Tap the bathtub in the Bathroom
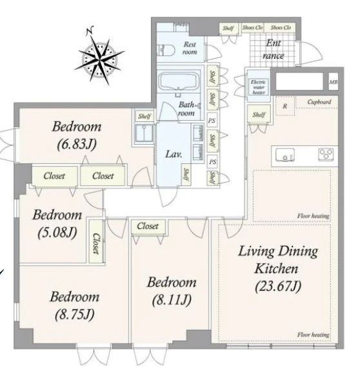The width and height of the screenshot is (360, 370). pyautogui.click(x=179, y=81)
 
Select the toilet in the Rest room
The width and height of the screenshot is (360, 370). pyautogui.click(x=166, y=50)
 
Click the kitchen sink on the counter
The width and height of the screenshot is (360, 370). pyautogui.click(x=285, y=155)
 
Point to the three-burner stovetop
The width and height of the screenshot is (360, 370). pyautogui.click(x=326, y=154)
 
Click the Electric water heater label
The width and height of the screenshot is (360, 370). pyautogui.click(x=259, y=87)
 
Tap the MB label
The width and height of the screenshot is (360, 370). pyautogui.click(x=334, y=82)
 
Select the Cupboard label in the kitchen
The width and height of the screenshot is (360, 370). pyautogui.click(x=319, y=102)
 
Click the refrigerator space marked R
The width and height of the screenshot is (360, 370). pyautogui.click(x=285, y=106)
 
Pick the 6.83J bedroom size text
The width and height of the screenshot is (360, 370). pyautogui.click(x=77, y=144)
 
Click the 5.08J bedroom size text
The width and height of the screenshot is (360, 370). pyautogui.click(x=57, y=232)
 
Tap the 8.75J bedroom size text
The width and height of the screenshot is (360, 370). pyautogui.click(x=74, y=314)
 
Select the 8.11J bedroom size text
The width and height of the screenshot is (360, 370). pyautogui.click(x=172, y=300)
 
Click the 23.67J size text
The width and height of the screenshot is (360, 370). pyautogui.click(x=278, y=286)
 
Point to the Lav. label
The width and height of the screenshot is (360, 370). pyautogui.click(x=174, y=154)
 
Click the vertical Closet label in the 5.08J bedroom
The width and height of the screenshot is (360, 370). pyautogui.click(x=95, y=243)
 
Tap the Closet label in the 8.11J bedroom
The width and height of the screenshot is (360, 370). pyautogui.click(x=148, y=226)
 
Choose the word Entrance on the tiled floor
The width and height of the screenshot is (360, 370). pyautogui.click(x=274, y=49)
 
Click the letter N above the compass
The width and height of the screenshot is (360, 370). pyautogui.click(x=90, y=30)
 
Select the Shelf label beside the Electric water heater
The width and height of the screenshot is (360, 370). pyautogui.click(x=259, y=115)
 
